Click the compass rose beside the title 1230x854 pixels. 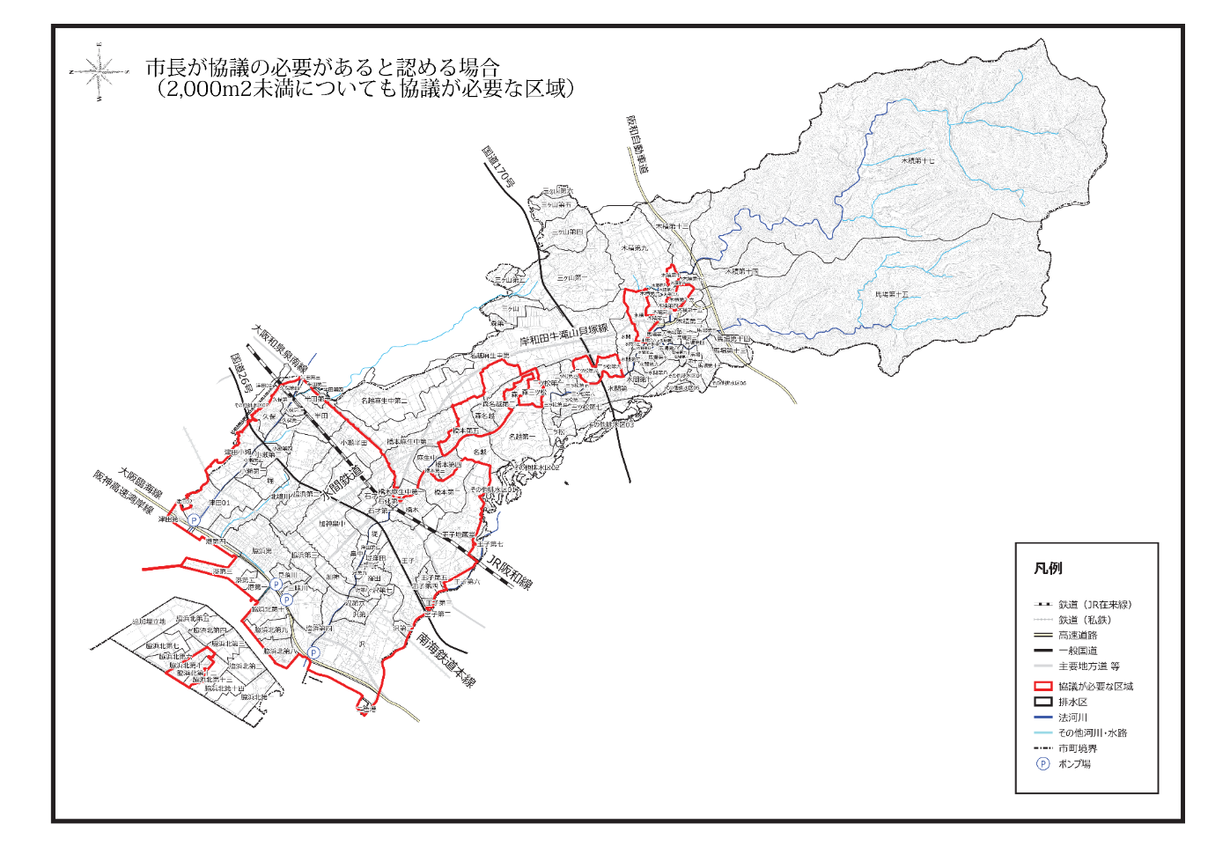[99, 71]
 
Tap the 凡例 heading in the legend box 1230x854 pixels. [1048, 569]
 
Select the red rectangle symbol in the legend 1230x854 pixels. [1043, 686]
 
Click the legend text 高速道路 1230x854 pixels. [1078, 635]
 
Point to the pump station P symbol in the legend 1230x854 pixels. [1043, 763]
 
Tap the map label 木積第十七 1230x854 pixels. [917, 161]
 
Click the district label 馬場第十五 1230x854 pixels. [891, 294]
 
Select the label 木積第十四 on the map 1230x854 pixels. [741, 271]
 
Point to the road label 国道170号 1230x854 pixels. [497, 167]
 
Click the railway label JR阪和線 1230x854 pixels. [510, 571]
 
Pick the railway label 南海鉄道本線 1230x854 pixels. [446, 659]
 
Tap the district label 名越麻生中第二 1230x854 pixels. [385, 401]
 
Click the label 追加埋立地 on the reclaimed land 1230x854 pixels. [149, 622]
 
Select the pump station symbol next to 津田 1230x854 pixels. [194, 521]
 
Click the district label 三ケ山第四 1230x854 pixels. [566, 232]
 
